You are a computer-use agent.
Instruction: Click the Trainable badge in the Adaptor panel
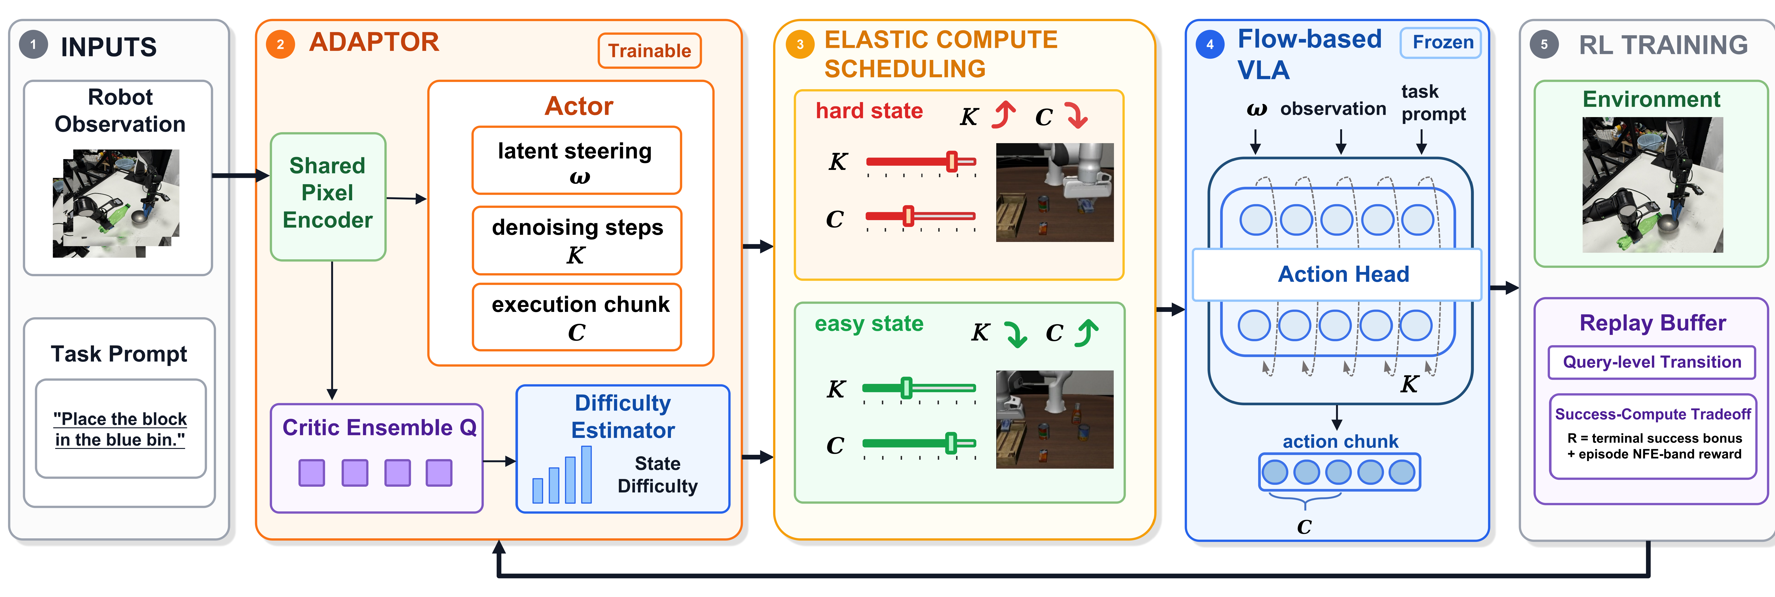(649, 51)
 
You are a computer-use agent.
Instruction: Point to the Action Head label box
(1337, 274)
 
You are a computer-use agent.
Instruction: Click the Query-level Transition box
(1652, 362)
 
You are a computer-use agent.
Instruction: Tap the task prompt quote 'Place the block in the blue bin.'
(121, 429)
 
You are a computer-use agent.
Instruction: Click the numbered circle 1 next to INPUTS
(33, 45)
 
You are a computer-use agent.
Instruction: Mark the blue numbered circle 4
(1210, 45)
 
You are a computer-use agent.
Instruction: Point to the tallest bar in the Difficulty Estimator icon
(586, 475)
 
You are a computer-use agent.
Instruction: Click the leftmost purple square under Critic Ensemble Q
(311, 473)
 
